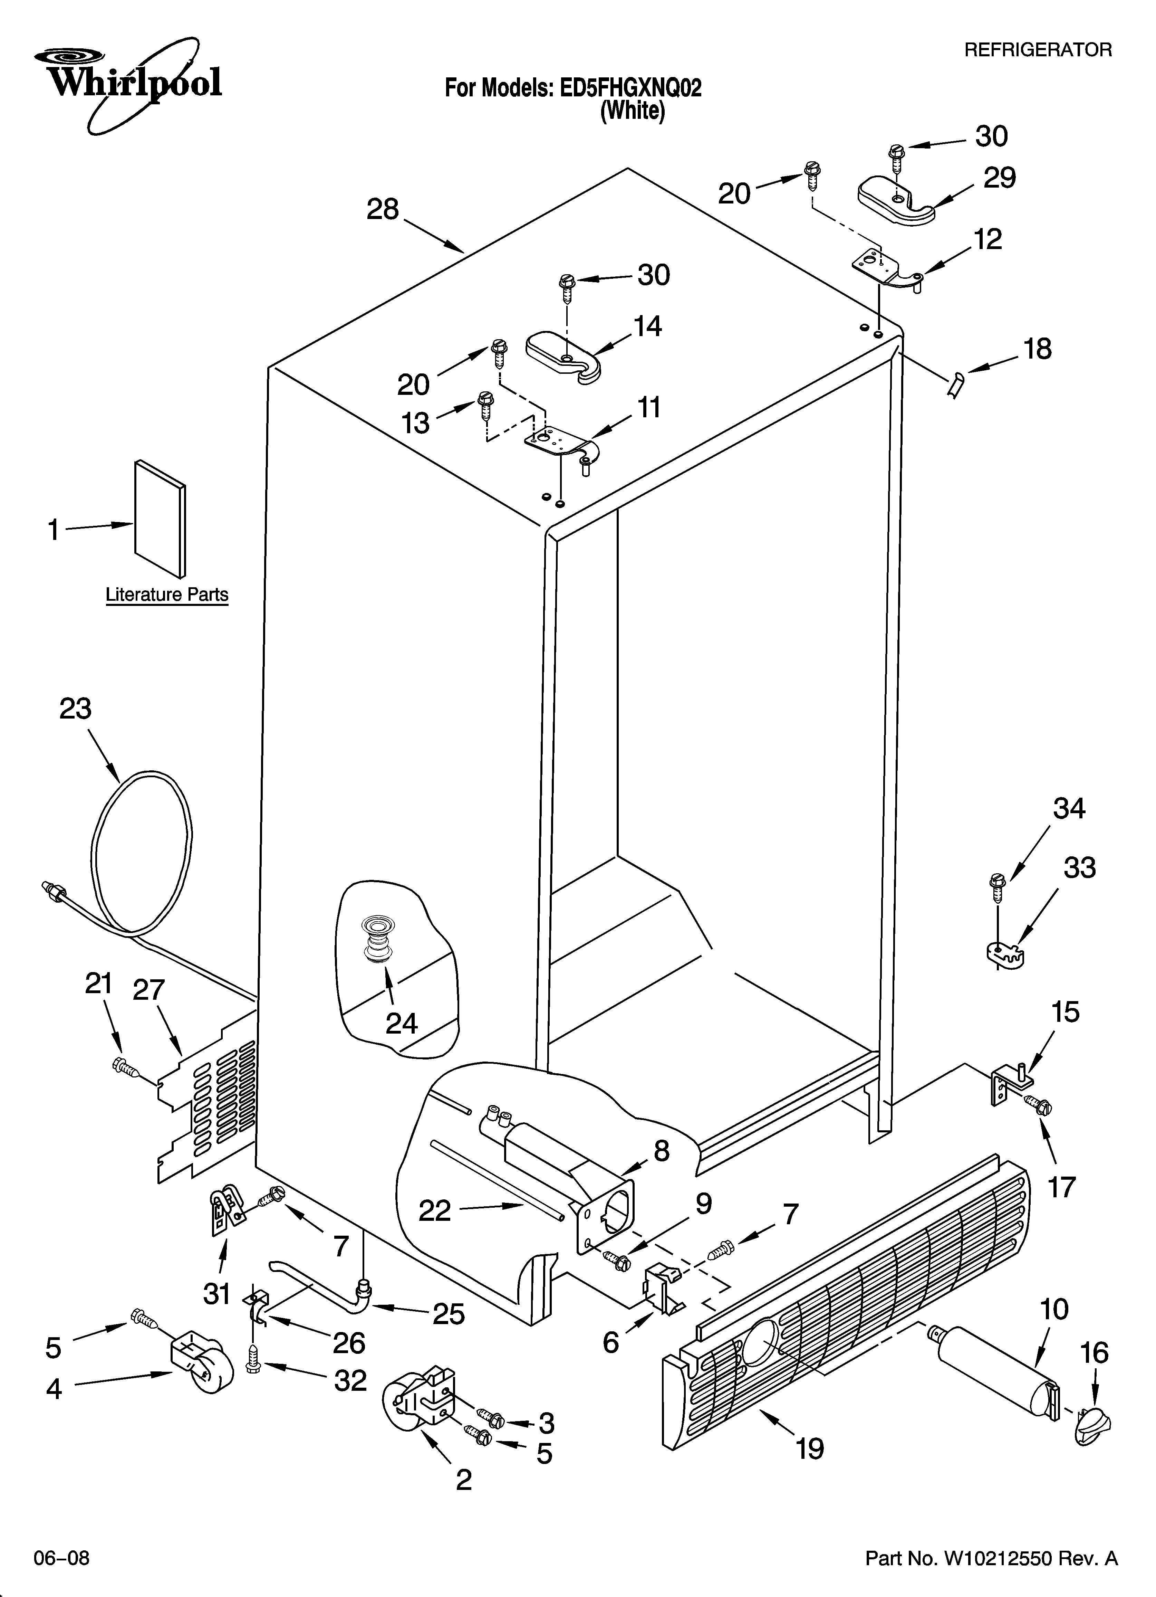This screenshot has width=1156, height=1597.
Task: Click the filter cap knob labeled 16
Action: pyautogui.click(x=1091, y=1424)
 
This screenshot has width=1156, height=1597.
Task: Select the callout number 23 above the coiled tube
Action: pyautogui.click(x=75, y=709)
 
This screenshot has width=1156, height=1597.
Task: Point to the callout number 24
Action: pyautogui.click(x=401, y=1023)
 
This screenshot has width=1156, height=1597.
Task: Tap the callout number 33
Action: pyautogui.click(x=1079, y=868)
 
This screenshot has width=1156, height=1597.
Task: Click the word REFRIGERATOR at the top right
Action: pyautogui.click(x=1037, y=50)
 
